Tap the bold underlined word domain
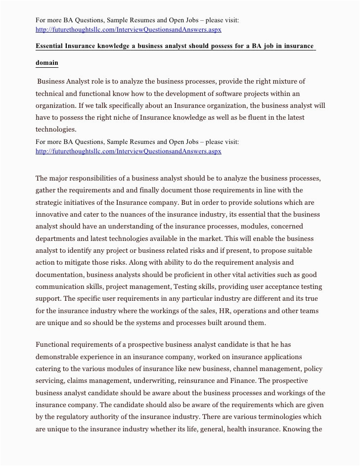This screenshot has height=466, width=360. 47,63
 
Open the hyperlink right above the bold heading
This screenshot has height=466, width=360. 129,30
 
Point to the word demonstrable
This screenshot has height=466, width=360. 59,356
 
